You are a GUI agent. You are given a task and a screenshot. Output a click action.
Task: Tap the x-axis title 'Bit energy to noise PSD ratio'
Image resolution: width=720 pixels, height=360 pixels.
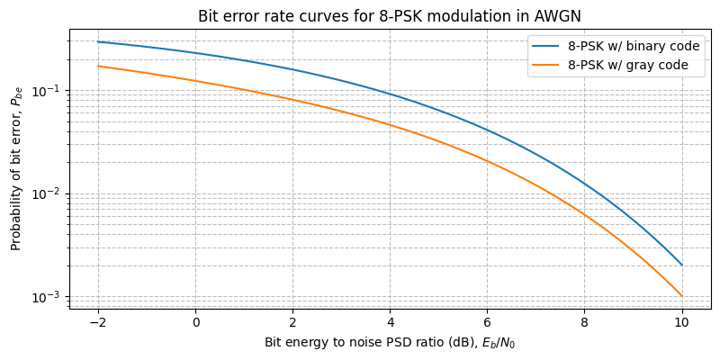pos(390,343)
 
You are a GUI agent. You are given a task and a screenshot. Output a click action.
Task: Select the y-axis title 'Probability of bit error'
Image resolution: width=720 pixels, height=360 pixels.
pos(16,168)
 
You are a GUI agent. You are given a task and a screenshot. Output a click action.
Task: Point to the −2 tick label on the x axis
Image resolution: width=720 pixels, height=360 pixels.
pos(97,321)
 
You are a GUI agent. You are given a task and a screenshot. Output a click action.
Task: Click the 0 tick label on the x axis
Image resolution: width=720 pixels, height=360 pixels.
pos(195,321)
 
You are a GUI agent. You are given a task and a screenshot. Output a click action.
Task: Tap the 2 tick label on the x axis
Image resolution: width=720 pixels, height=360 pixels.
pos(292,321)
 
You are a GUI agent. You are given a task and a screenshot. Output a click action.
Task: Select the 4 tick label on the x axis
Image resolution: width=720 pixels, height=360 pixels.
pos(390,321)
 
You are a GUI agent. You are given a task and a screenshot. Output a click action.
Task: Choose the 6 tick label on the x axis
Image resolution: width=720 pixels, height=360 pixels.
pos(487,321)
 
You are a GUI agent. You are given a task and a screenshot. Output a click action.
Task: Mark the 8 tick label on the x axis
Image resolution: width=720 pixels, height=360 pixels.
pos(585,321)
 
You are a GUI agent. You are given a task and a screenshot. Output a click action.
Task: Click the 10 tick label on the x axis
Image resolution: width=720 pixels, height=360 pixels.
pos(682,321)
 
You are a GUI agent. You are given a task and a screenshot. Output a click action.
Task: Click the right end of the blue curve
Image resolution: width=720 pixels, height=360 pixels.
pos(682,265)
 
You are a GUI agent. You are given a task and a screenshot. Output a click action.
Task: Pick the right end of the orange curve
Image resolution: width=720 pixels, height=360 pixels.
pos(682,296)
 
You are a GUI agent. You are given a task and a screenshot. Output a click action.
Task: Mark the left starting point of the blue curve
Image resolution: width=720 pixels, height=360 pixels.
pos(98,41)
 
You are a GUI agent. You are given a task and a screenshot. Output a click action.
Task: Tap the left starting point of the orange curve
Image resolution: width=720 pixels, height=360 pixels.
pos(98,66)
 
